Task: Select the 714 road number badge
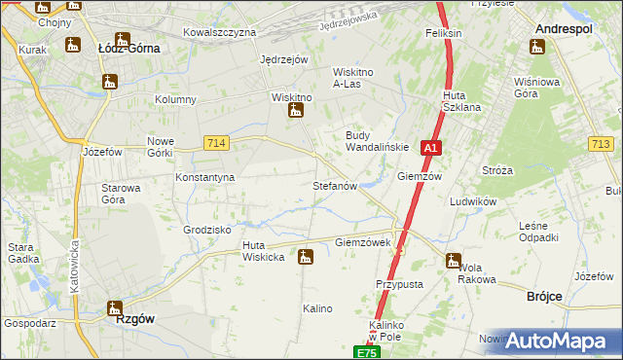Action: coord(217,143)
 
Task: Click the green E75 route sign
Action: coord(365,352)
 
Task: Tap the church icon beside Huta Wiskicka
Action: coord(306,257)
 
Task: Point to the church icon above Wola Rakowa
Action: coord(453,260)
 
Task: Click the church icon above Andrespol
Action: coord(538,45)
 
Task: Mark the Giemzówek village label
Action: coord(362,242)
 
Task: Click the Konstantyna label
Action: coord(205,177)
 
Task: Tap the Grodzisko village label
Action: coord(205,230)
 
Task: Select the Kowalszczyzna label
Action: coord(219,32)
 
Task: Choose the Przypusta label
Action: coord(398,284)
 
